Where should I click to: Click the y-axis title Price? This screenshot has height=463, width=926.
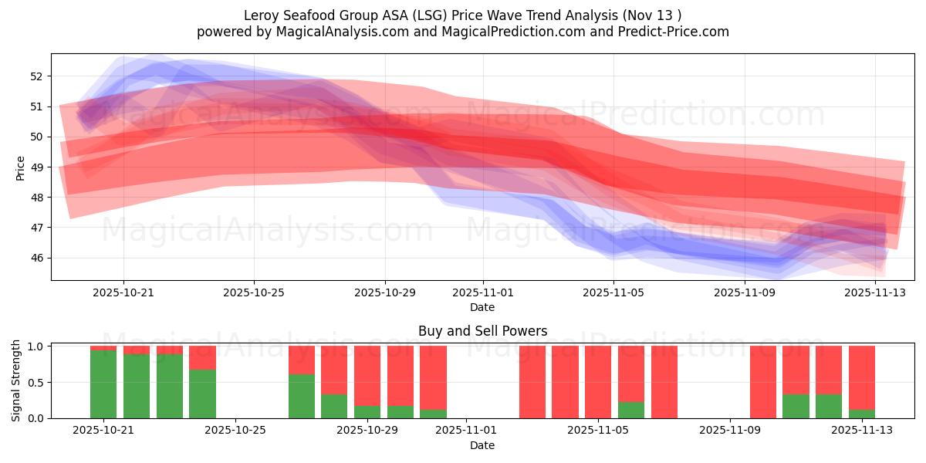click(x=20, y=167)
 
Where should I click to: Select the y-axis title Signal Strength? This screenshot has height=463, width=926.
click(x=16, y=380)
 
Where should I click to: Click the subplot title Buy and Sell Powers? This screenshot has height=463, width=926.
click(x=482, y=331)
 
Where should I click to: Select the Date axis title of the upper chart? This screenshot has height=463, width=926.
click(x=482, y=307)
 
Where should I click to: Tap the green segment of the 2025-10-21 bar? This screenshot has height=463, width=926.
click(x=103, y=384)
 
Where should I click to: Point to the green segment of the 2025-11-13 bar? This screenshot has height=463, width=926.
click(x=861, y=414)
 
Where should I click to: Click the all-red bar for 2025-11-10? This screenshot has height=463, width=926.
click(x=762, y=382)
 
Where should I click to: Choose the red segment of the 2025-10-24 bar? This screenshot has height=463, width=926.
click(x=202, y=357)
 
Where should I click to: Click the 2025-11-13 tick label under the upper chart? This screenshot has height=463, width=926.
click(x=874, y=293)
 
